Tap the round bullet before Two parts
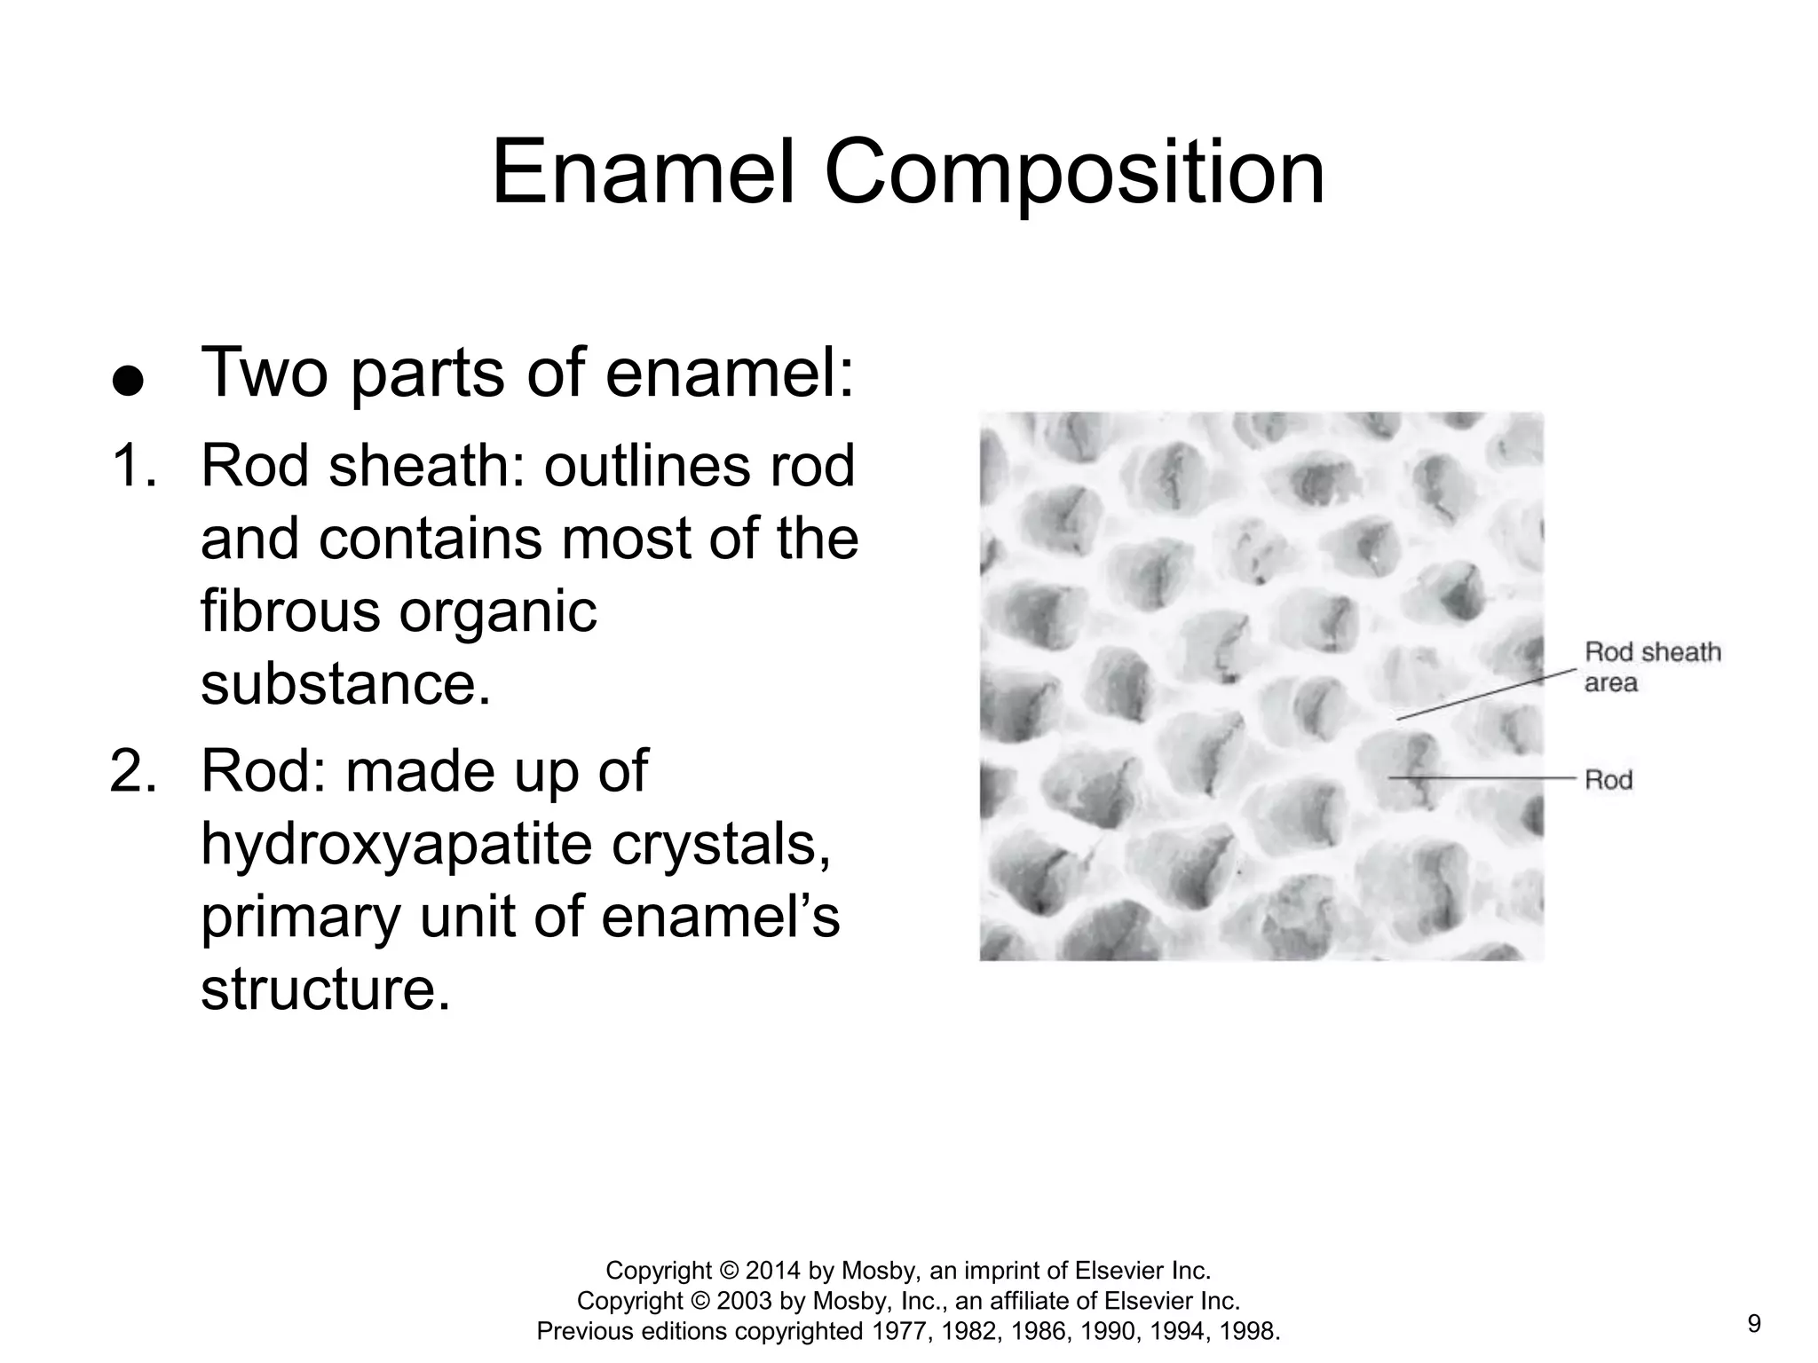128,382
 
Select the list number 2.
133,770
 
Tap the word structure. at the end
326,989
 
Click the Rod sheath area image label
1651,667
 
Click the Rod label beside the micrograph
1609,780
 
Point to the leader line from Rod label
1482,777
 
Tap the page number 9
1754,1324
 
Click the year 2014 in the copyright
775,1271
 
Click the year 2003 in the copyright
746,1301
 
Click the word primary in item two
301,917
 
